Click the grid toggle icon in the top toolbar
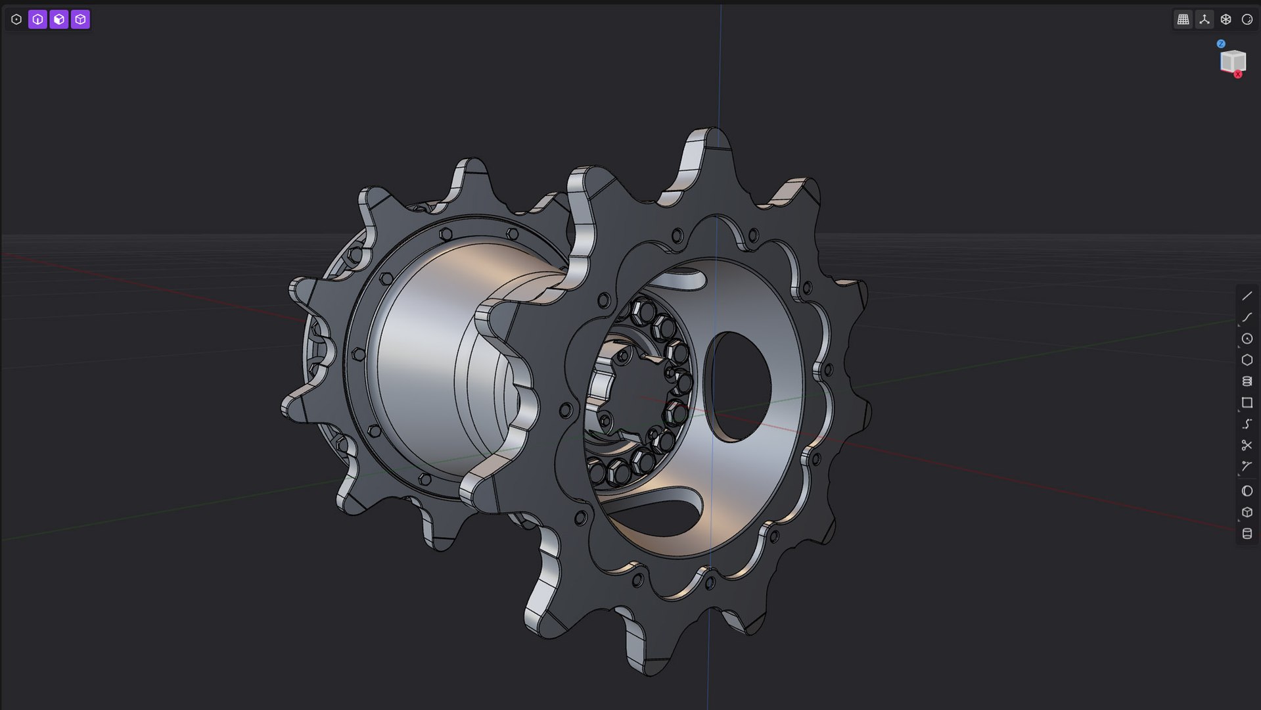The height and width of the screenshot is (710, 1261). coord(1183,20)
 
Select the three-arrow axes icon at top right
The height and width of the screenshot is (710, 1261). coord(1204,20)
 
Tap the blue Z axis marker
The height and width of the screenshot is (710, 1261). coord(1221,44)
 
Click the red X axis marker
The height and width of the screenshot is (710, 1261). coord(1238,74)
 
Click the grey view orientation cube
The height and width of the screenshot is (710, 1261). coord(1232,61)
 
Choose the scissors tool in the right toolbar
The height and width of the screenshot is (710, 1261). coord(1247,445)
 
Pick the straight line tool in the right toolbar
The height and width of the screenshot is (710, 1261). coord(1247,296)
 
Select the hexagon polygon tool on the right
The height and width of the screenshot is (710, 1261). coord(1247,360)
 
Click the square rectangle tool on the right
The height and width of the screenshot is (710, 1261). coord(1247,402)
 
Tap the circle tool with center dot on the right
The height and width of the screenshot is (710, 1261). coord(1247,339)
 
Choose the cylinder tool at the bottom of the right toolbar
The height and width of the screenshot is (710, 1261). coord(1247,534)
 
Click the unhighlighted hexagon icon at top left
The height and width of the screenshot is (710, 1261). coord(16,20)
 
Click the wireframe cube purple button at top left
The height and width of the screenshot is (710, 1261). coord(80,20)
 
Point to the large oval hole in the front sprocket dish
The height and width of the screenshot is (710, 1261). coord(741,386)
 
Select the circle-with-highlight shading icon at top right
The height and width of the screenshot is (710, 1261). coord(1247,20)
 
